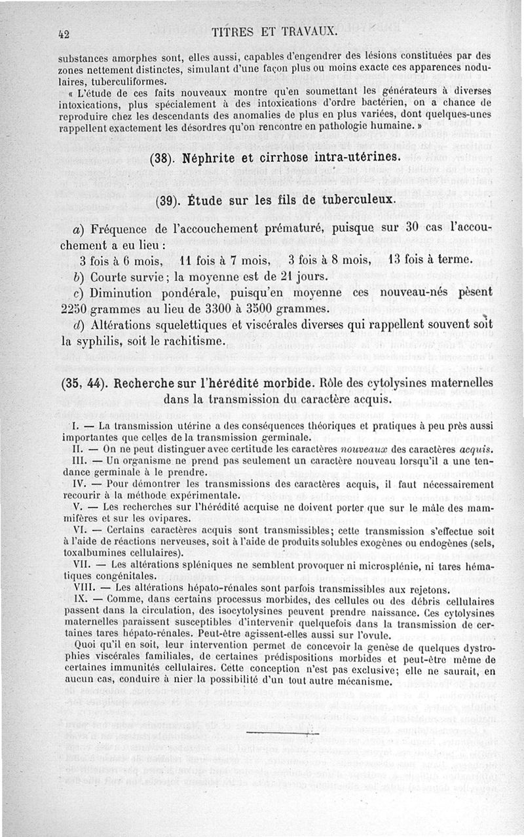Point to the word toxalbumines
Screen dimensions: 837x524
tap(89, 552)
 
